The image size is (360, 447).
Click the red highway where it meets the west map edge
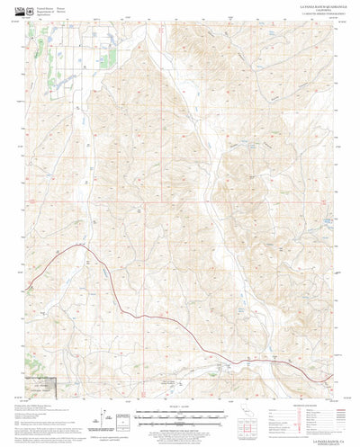tap(29, 287)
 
